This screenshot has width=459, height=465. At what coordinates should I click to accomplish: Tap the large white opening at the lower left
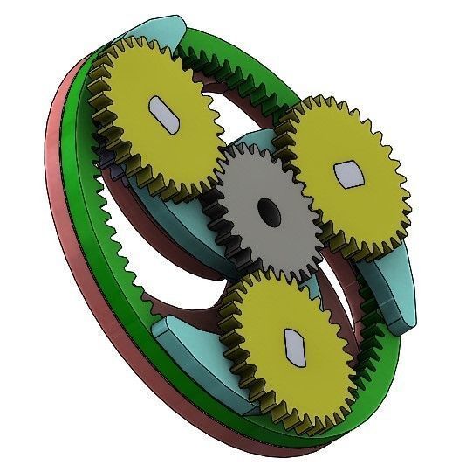click(x=166, y=262)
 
